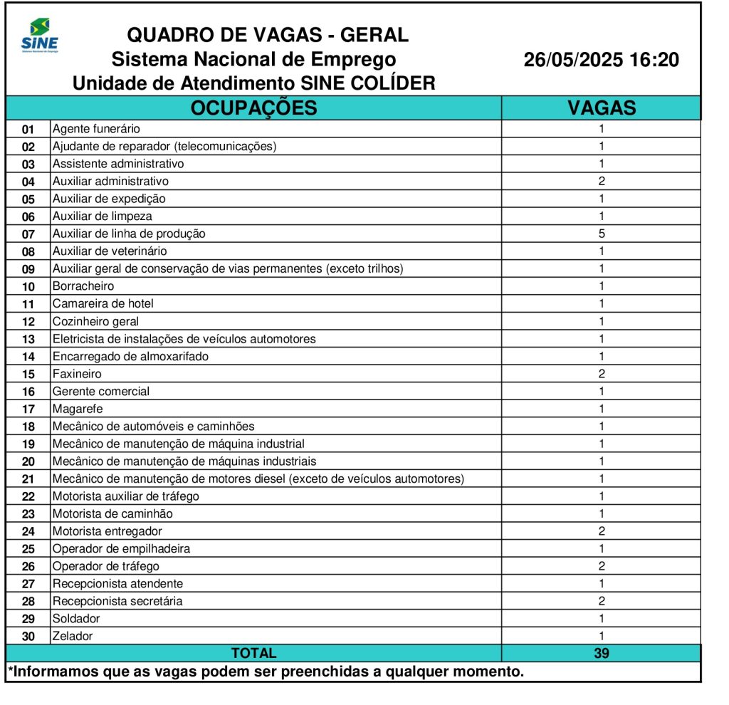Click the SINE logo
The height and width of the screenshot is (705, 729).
(x=40, y=36)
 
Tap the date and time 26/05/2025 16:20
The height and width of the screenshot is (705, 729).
(x=601, y=60)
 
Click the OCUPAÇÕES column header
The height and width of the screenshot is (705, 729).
(x=253, y=108)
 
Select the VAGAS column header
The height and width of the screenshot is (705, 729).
(x=602, y=108)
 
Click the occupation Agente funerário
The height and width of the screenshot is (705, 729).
(x=96, y=129)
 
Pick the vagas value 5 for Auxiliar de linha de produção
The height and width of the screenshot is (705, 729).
(x=602, y=234)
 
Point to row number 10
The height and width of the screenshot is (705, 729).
(x=28, y=286)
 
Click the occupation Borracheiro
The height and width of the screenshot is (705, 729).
(x=83, y=286)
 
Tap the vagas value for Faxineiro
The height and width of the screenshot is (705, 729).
(x=602, y=374)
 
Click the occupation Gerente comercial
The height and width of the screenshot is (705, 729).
(x=101, y=391)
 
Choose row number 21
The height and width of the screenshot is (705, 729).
(x=28, y=479)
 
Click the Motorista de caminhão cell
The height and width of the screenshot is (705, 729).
(x=112, y=513)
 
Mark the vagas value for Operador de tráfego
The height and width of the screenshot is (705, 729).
(x=602, y=566)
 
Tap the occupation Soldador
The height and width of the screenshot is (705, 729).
(x=76, y=618)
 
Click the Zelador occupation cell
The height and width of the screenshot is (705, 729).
(x=73, y=636)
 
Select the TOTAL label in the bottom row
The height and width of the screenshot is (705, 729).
(x=253, y=653)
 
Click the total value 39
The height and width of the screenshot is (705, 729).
(x=602, y=653)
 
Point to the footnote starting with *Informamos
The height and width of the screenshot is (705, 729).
(x=266, y=671)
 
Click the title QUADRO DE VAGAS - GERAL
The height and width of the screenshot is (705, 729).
(x=268, y=34)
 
